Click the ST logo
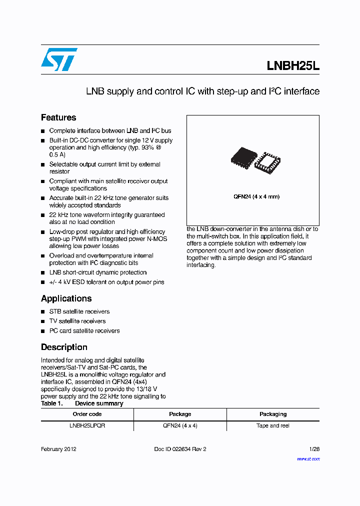59,59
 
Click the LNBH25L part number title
292,66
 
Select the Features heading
58,117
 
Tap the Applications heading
66,298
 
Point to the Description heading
64,347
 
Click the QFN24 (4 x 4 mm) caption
256,196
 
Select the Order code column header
87,414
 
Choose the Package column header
180,414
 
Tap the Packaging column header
273,414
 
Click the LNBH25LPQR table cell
87,425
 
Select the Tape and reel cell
273,425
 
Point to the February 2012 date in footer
58,449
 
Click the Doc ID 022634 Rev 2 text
180,449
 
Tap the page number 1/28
314,449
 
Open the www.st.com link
308,458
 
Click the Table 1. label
51,403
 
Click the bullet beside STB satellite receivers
43,312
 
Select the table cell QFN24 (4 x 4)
180,425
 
